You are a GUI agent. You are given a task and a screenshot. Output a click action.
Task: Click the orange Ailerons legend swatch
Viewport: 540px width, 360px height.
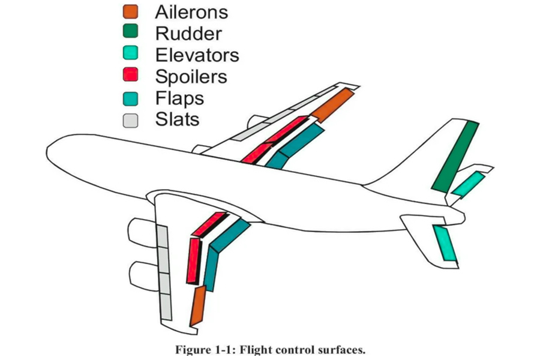pos(130,11)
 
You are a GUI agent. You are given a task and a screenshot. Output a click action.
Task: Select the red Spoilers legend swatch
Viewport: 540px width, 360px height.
pos(130,76)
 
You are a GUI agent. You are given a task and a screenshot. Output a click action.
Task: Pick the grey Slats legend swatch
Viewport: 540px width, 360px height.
pos(130,119)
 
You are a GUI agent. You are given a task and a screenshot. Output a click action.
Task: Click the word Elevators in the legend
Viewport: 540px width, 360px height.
pos(197,55)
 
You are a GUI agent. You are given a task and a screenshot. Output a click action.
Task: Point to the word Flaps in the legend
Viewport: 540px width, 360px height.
pos(179,98)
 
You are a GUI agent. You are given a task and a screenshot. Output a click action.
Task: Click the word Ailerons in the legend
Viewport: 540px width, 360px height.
pos(191,11)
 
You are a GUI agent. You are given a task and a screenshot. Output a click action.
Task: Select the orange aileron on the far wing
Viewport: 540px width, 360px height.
pos(331,105)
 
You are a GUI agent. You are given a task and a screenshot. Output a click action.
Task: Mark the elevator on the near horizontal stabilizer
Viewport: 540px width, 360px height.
pos(445,243)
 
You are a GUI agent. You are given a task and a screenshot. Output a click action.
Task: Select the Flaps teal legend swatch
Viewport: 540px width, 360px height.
pos(130,98)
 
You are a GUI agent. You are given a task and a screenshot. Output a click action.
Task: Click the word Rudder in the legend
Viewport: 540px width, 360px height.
pos(188,34)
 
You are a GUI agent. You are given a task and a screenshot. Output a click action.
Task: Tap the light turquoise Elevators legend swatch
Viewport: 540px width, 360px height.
pos(130,54)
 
